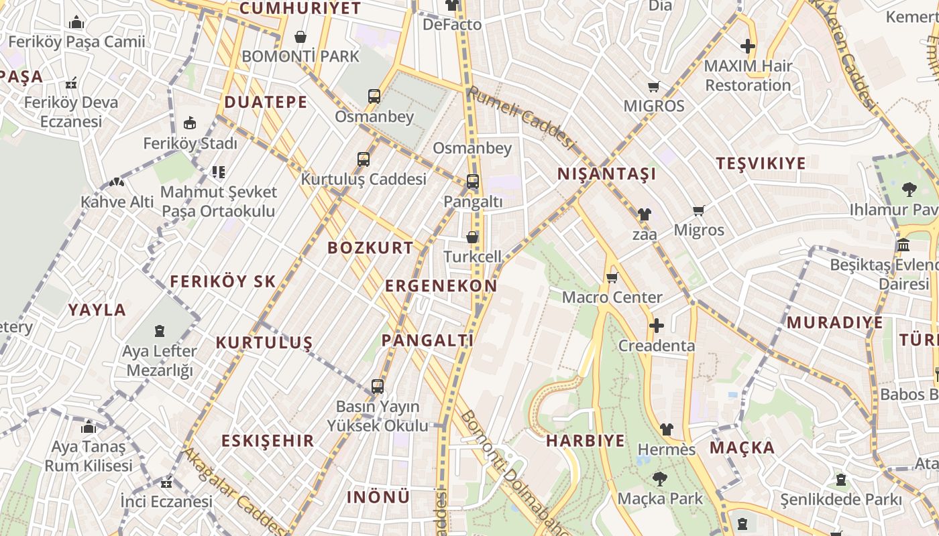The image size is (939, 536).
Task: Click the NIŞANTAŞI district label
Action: [x=606, y=174]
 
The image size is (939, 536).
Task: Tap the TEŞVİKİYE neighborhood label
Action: [x=761, y=163]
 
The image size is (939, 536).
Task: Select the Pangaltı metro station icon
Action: [x=473, y=182]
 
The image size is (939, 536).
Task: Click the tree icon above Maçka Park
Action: [x=660, y=478]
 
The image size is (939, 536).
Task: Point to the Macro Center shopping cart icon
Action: [x=612, y=277]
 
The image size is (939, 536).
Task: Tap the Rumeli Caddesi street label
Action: [x=521, y=117]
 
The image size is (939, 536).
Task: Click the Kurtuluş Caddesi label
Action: [x=363, y=180]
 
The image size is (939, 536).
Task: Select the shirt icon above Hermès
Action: [x=666, y=429]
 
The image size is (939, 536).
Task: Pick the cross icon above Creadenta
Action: [x=656, y=326]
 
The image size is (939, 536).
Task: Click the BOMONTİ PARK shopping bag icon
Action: [x=300, y=37]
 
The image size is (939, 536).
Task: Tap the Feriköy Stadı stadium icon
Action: [x=190, y=123]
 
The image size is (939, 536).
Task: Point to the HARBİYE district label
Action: [x=585, y=441]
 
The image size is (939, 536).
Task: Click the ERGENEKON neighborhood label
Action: [x=441, y=286]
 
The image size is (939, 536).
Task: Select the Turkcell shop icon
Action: [x=472, y=237]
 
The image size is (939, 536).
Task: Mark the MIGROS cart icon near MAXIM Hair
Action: [x=653, y=86]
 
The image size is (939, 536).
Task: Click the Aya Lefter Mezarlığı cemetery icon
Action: [x=160, y=331]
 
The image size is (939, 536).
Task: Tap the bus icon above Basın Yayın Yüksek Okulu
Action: [x=378, y=387]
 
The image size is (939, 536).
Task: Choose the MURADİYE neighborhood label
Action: [x=834, y=323]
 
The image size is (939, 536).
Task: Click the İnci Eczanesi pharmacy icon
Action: [x=166, y=482]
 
